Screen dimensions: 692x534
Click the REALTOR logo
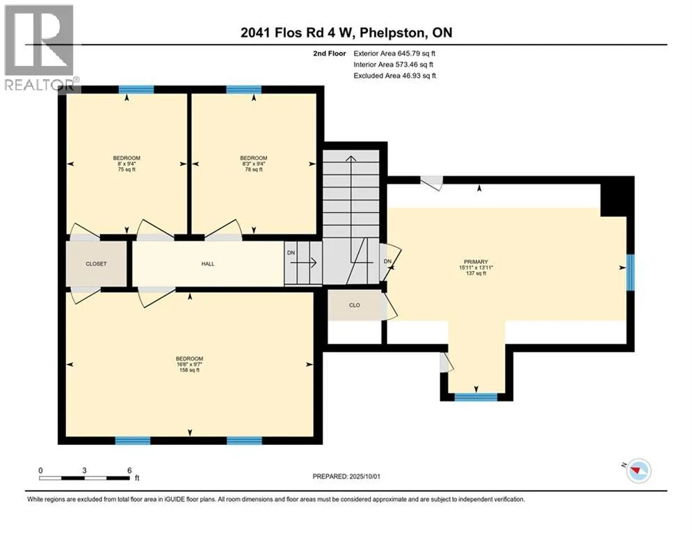tap(40, 47)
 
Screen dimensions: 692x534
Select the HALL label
tap(208, 264)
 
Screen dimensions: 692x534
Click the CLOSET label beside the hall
tap(96, 264)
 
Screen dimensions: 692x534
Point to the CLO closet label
tap(355, 305)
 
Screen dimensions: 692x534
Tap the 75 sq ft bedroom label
tap(127, 163)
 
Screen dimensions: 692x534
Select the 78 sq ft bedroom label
tap(254, 163)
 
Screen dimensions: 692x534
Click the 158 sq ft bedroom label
tap(189, 364)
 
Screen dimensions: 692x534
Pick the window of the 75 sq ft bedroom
tap(136, 90)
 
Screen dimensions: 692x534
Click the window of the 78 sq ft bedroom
tap(243, 90)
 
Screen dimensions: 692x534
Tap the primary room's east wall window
tap(631, 273)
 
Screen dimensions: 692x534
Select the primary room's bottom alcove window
tap(476, 397)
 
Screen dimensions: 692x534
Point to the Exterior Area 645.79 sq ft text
tap(394, 54)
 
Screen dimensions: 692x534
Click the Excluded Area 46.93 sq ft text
tap(394, 76)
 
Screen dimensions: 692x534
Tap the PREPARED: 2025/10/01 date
tap(346, 476)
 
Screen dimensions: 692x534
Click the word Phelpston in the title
tap(393, 33)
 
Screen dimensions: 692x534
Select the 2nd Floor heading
tap(330, 54)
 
